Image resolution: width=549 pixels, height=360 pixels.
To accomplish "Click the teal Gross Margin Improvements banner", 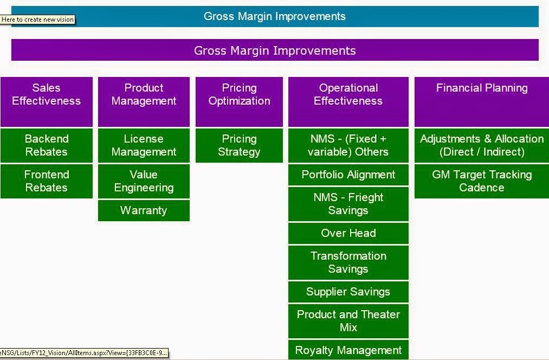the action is pos(275,16).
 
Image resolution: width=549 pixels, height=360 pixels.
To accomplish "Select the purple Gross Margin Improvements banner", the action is pos(275,50).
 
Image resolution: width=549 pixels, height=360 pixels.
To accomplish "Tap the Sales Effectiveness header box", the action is pos(47,102).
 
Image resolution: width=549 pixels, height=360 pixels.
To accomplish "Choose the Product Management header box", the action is pos(144,102).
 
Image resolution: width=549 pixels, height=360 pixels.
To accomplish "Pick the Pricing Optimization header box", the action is pos(239,102).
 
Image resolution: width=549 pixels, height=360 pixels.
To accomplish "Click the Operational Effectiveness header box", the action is pos(348,102).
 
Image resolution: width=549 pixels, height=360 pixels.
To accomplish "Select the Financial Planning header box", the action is pos(482,102).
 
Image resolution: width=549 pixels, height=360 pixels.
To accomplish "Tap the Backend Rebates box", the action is pos(47,145).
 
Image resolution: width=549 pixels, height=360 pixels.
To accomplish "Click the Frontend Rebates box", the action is pos(47,182).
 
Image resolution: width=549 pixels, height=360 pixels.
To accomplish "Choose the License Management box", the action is pos(144,145).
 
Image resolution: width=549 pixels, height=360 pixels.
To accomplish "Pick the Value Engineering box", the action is pos(144,182).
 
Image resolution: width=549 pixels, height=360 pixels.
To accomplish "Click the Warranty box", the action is pos(144,210).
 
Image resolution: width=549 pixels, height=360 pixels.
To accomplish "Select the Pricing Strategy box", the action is pos(239,145).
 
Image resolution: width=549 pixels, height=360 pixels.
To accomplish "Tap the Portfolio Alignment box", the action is pos(348,175).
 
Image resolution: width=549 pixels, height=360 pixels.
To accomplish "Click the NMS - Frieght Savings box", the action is pos(348,204).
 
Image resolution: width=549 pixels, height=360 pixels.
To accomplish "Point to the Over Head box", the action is pos(348,233).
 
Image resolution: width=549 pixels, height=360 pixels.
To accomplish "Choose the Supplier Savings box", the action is pos(348,292).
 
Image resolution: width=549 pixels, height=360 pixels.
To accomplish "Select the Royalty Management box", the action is pos(348,350).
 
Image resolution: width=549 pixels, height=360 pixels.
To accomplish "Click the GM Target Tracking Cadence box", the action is pos(482,182).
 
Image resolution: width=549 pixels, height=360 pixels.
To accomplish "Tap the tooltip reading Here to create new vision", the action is pos(37,20).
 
